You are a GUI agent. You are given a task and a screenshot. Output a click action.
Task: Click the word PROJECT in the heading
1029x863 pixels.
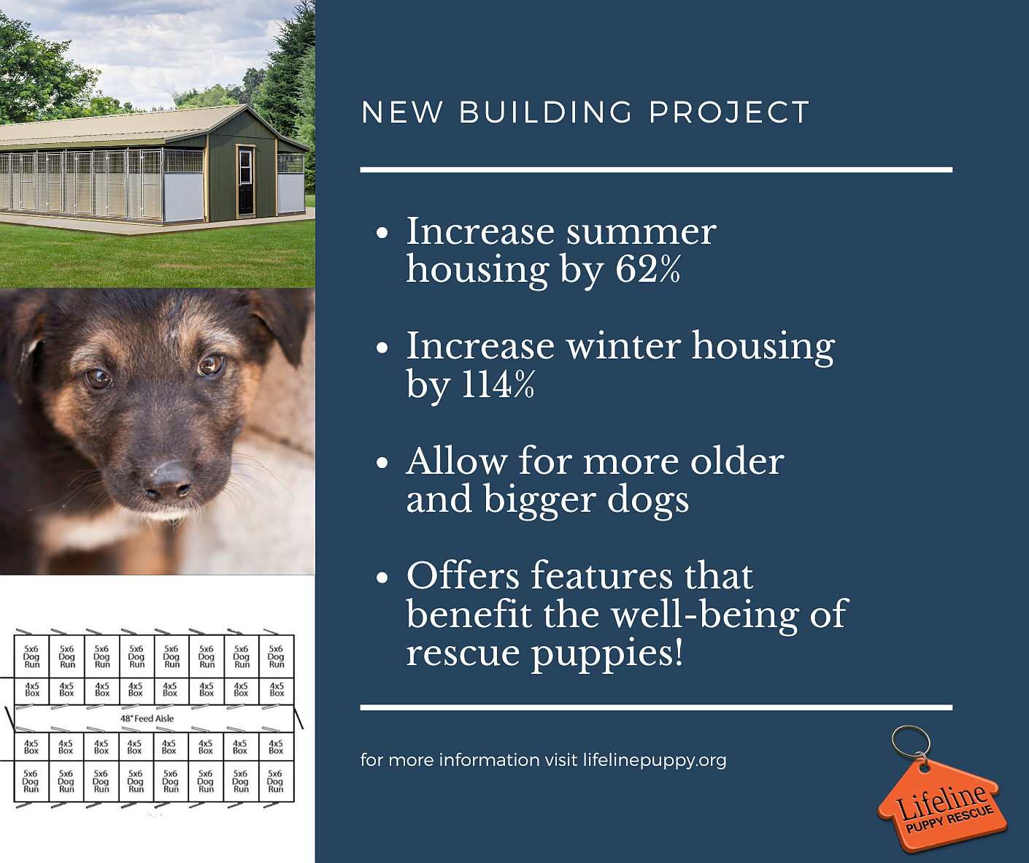pyautogui.click(x=729, y=112)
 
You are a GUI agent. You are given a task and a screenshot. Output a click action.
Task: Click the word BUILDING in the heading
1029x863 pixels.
pyautogui.click(x=545, y=112)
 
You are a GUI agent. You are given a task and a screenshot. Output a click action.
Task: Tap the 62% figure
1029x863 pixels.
pyautogui.click(x=647, y=269)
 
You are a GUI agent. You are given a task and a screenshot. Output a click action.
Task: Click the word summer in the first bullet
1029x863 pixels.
pyautogui.click(x=641, y=231)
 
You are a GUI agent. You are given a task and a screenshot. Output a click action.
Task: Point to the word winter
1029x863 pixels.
pyautogui.click(x=623, y=345)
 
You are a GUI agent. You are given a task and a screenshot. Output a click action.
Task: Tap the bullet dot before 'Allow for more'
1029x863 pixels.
pyautogui.click(x=382, y=463)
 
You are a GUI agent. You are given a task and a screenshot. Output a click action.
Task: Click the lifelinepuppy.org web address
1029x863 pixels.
pyautogui.click(x=655, y=760)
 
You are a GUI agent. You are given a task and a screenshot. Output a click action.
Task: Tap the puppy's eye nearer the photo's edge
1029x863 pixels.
pyautogui.click(x=99, y=379)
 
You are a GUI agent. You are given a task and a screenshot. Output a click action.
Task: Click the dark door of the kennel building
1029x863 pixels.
pyautogui.click(x=246, y=182)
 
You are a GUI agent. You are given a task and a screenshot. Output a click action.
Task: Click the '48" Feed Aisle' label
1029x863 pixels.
pyautogui.click(x=147, y=718)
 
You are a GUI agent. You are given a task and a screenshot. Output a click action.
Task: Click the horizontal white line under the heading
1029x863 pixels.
pyautogui.click(x=656, y=169)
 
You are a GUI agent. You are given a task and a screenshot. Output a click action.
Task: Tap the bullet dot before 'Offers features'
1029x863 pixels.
pyautogui.click(x=382, y=578)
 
